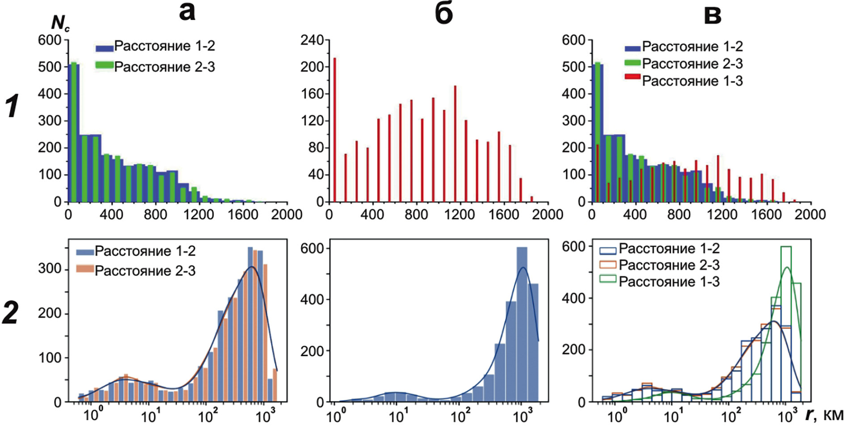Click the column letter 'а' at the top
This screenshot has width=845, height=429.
(x=187, y=12)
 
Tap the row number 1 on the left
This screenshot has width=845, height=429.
(x=12, y=106)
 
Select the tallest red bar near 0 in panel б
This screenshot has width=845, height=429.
(x=334, y=130)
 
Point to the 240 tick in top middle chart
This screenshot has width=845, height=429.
(x=312, y=40)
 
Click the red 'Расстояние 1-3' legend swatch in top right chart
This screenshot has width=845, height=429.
(x=633, y=78)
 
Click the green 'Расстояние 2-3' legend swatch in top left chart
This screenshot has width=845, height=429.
(x=104, y=65)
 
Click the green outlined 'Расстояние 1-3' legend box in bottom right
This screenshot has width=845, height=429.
(x=608, y=280)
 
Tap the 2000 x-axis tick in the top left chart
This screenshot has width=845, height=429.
(x=287, y=215)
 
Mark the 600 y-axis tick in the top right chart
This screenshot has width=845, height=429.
(x=573, y=40)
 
